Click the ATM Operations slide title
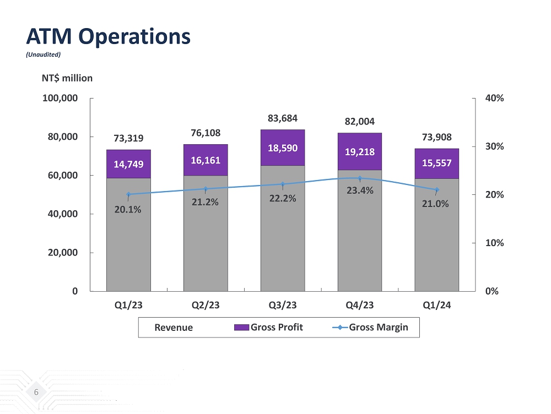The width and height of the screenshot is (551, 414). pyautogui.click(x=109, y=36)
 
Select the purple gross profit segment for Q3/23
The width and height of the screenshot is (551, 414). pyautogui.click(x=283, y=148)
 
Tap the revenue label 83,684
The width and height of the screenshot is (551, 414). pyautogui.click(x=282, y=118)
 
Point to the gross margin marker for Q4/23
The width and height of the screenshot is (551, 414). pyautogui.click(x=360, y=178)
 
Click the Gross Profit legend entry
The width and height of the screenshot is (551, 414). pyautogui.click(x=269, y=327)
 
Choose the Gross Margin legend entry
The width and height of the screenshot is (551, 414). pyautogui.click(x=371, y=327)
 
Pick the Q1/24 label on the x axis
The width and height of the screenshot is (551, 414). pyautogui.click(x=436, y=304)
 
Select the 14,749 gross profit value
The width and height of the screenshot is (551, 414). pyautogui.click(x=128, y=164)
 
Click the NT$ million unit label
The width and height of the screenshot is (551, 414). pyautogui.click(x=67, y=78)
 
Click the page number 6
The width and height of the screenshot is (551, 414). pyautogui.click(x=36, y=392)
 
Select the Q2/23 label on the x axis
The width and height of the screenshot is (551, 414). pyautogui.click(x=206, y=304)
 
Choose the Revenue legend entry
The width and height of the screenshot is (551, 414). pyautogui.click(x=173, y=328)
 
